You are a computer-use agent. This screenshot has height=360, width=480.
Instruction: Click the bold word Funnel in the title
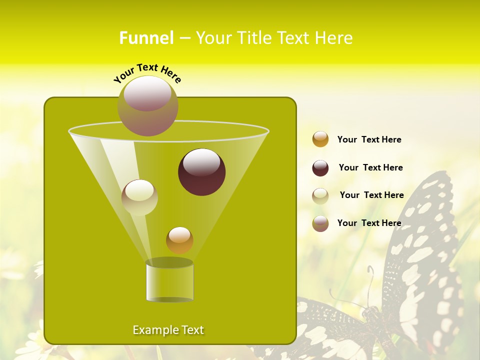pyautogui.click(x=146, y=38)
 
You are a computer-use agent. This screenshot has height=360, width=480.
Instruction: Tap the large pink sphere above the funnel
pyautogui.click(x=147, y=105)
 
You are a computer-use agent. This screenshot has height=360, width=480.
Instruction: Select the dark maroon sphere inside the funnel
pyautogui.click(x=202, y=172)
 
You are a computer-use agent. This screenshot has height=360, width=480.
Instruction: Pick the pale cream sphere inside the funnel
pyautogui.click(x=139, y=197)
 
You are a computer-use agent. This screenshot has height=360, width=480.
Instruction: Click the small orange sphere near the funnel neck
pyautogui.click(x=179, y=240)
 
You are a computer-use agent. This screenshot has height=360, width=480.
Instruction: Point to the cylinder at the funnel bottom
pyautogui.click(x=169, y=281)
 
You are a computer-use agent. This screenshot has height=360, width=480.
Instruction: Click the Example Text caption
pyautogui.click(x=168, y=330)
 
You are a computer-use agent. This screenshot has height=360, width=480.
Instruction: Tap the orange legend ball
pyautogui.click(x=320, y=139)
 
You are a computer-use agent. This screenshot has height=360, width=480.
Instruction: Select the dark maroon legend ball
pyautogui.click(x=320, y=168)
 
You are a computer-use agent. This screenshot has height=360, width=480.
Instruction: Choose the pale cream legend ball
pyautogui.click(x=320, y=195)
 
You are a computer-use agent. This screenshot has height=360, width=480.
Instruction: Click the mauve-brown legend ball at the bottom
pyautogui.click(x=320, y=223)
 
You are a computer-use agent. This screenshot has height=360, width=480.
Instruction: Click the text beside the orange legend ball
pyautogui.click(x=369, y=139)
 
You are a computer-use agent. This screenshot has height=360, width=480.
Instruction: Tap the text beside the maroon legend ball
pyautogui.click(x=370, y=167)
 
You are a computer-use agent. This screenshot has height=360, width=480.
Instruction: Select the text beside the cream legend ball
pyautogui.click(x=371, y=195)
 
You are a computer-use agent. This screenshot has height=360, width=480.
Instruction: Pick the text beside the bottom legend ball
pyautogui.click(x=369, y=223)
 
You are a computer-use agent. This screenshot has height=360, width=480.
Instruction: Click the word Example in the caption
pyautogui.click(x=152, y=330)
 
